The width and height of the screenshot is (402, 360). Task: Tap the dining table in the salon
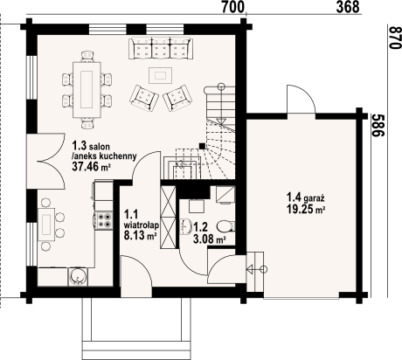click(x=87, y=85)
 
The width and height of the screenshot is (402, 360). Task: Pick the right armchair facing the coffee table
click(x=179, y=95)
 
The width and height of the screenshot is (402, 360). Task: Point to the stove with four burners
click(x=106, y=220)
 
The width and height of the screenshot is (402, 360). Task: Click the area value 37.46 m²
click(x=91, y=166)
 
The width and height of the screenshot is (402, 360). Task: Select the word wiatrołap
click(x=141, y=223)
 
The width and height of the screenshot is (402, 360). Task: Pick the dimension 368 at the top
click(x=347, y=8)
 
